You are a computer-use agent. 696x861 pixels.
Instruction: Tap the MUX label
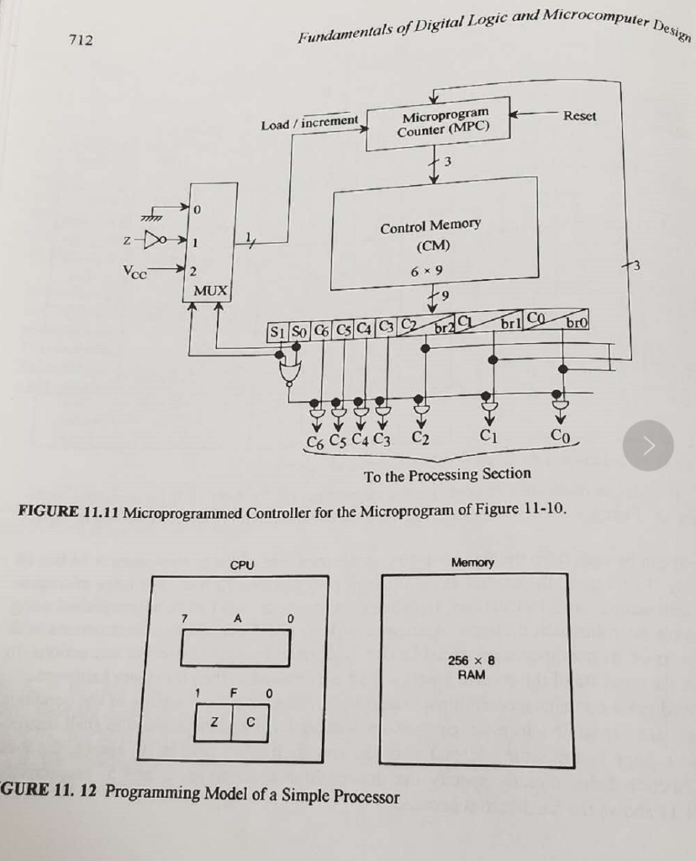[211, 291]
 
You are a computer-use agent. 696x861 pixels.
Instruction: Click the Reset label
[579, 116]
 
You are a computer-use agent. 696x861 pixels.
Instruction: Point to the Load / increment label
[309, 124]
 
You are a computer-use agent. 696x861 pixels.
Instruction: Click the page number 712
[81, 40]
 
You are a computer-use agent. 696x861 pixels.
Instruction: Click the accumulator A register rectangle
[236, 645]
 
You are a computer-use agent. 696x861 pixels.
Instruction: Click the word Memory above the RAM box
[472, 562]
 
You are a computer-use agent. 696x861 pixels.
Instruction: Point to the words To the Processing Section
[447, 474]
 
